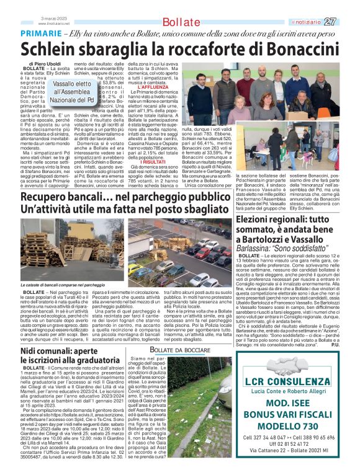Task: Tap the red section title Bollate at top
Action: [x=180, y=23]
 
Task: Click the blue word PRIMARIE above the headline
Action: [x=42, y=33]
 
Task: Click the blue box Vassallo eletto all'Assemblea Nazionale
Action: [x=73, y=91]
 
